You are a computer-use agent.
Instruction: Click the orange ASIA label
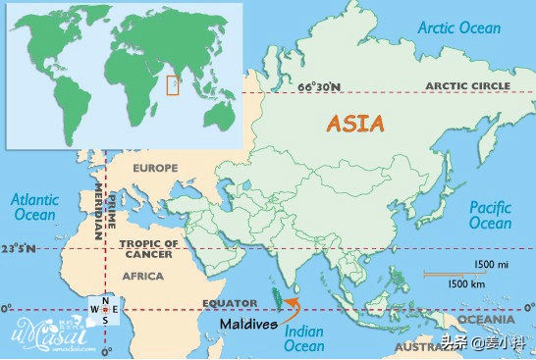click(356, 125)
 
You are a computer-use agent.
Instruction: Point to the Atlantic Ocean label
click(33, 206)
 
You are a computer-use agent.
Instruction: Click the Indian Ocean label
click(303, 338)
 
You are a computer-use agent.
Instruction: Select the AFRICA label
click(142, 277)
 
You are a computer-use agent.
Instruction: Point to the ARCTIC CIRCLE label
click(467, 86)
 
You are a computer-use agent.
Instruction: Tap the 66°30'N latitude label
click(320, 87)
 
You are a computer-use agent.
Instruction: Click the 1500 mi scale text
click(490, 265)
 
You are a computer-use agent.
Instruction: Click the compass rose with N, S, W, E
click(104, 310)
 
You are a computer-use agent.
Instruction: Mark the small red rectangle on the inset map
click(173, 86)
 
